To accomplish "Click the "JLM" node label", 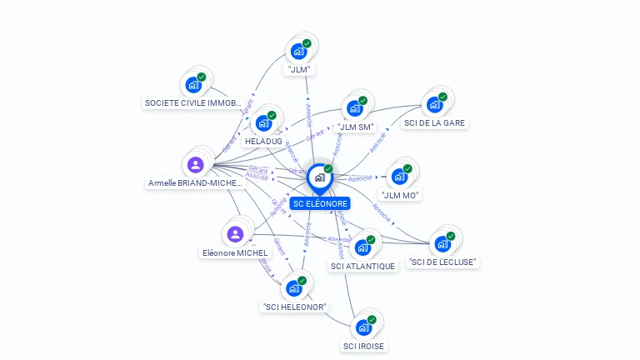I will pos(298,70).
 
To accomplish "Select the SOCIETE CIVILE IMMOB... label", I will pos(192,103).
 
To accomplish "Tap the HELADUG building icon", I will pos(263,124).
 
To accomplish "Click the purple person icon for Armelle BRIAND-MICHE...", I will pos(195,164).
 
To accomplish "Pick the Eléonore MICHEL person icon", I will pos(235,234).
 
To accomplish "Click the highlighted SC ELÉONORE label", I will pos(320,203).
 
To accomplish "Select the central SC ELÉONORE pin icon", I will pos(319,177).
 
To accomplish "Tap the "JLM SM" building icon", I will pos(355,108).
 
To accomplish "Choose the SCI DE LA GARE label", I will pos(435,122).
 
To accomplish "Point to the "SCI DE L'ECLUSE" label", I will pos(443,262).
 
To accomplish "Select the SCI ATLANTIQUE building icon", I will pos(362,247).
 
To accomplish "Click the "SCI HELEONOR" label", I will pos(295,307).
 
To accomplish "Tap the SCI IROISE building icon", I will pos(363,327).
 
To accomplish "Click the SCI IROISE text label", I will pos(364,346).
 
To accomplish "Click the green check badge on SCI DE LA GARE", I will pos(442,97).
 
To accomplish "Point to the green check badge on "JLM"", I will pos(307,43).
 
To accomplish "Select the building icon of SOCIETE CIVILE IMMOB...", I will pos(193,85).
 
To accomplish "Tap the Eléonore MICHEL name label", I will pos(235,252).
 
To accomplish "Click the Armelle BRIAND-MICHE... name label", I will pos(195,182).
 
